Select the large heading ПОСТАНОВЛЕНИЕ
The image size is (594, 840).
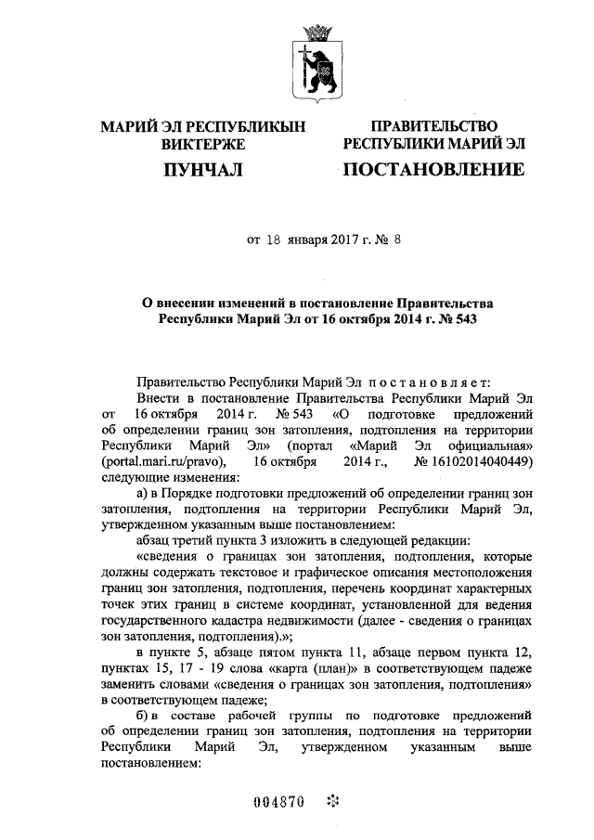tap(433, 170)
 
